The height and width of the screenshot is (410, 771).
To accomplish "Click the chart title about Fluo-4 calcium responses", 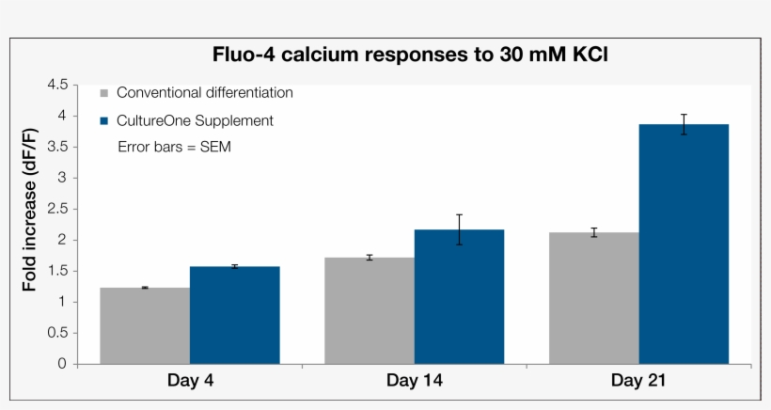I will tap(411, 54).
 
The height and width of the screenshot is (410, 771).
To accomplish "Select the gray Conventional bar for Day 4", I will tap(145, 325).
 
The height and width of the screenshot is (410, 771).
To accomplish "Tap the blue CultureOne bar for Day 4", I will tap(234, 315).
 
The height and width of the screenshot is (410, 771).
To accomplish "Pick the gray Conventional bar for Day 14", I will tap(370, 310).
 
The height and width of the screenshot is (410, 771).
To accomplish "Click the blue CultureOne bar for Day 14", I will tap(459, 296).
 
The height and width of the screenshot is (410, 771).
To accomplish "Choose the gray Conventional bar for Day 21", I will tap(594, 298).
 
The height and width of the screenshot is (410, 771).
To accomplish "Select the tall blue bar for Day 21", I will tap(684, 244).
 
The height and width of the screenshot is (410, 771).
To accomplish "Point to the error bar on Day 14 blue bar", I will tap(459, 229).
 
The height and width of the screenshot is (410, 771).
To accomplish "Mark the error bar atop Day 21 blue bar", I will tap(684, 124).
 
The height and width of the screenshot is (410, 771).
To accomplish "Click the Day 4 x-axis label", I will tap(189, 381).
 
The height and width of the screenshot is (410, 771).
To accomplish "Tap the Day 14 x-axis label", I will tap(414, 381).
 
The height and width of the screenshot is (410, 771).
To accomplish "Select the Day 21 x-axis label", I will tap(638, 381).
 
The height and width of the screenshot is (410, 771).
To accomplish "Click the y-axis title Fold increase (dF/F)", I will tap(30, 223).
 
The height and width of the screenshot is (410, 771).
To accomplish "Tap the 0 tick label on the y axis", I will tap(62, 364).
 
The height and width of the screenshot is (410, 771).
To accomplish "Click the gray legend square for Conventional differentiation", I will tap(104, 93).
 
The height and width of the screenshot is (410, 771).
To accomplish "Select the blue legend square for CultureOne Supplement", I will tap(104, 120).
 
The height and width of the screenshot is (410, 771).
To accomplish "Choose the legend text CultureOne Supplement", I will tap(195, 120).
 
